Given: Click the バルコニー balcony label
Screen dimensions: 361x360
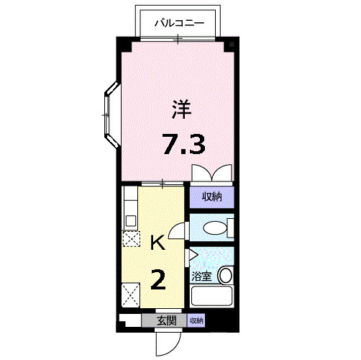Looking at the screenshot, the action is (x=179, y=24).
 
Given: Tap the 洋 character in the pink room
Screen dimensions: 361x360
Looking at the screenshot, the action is (x=181, y=109).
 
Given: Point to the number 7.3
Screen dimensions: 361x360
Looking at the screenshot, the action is (x=184, y=144).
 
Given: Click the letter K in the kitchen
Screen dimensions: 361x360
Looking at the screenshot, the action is (x=157, y=243).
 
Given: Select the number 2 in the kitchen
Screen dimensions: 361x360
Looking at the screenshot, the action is (x=158, y=279).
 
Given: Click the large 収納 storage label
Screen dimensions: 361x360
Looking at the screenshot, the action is (x=211, y=197).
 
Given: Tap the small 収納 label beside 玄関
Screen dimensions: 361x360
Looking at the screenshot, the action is (x=196, y=320).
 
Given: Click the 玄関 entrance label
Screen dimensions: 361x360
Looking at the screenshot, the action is (x=167, y=320).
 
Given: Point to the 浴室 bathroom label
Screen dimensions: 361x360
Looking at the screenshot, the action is (x=201, y=276).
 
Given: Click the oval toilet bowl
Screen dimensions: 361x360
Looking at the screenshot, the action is (x=215, y=228).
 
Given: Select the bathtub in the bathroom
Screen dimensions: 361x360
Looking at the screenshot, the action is (x=211, y=296).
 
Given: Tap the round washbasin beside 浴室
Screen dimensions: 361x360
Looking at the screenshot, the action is (x=226, y=275).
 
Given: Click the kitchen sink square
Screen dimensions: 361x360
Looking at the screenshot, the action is (x=131, y=220).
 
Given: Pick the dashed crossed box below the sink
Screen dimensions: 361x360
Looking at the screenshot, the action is (x=131, y=238).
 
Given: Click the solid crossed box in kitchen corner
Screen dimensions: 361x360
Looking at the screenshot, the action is (x=131, y=295).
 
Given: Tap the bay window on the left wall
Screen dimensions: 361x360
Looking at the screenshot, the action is (x=111, y=114).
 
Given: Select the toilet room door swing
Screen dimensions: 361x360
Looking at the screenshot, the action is (x=177, y=231).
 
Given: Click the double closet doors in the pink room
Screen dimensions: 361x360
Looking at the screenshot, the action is (x=212, y=173).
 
